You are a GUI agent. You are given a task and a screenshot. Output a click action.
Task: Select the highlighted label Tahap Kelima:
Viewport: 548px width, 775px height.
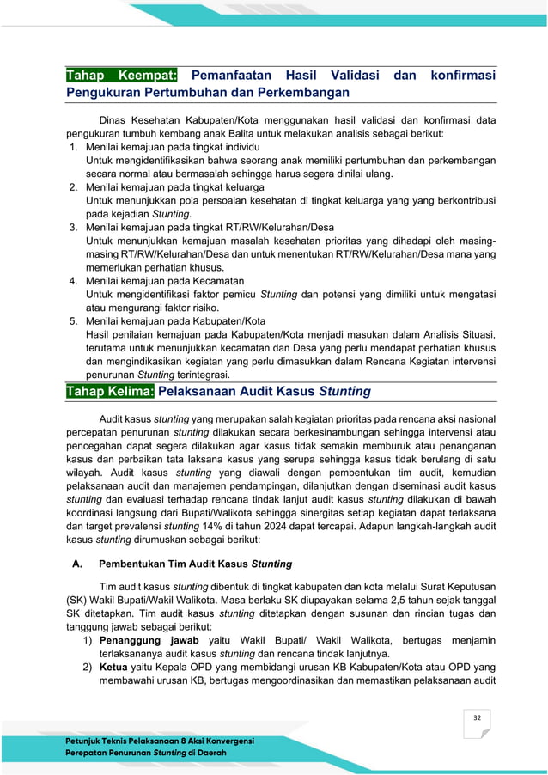(110, 392)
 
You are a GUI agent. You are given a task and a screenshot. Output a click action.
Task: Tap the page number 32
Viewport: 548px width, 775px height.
(475, 717)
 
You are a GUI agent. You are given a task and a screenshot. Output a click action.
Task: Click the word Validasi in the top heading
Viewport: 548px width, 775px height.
(344, 76)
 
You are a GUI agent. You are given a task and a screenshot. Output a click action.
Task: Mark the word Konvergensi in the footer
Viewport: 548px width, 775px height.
(226, 741)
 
